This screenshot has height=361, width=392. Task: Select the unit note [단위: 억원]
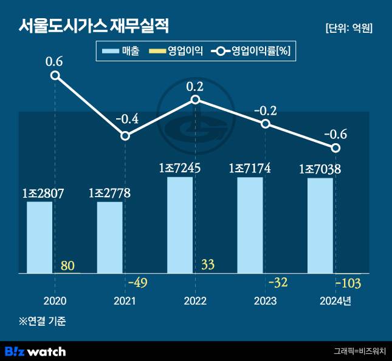pyautogui.click(x=349, y=28)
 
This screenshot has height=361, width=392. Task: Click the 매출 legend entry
pyautogui.click(x=122, y=52)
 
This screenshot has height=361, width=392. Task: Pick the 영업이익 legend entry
pyautogui.click(x=176, y=52)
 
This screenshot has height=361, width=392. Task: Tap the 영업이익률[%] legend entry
pyautogui.click(x=253, y=52)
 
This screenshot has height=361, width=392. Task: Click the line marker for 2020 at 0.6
pyautogui.click(x=55, y=75)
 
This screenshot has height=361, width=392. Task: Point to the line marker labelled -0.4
pyautogui.click(x=125, y=135)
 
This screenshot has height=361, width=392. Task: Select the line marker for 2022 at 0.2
pyautogui.click(x=195, y=100)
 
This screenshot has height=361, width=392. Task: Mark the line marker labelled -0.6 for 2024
pyautogui.click(x=335, y=147)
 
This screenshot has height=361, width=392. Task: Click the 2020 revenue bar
pyautogui.click(x=40, y=237)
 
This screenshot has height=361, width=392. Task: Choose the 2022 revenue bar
pyautogui.click(x=180, y=224)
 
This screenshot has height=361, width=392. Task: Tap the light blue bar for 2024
pyautogui.click(x=320, y=225)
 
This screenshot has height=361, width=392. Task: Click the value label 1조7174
pyautogui.click(x=250, y=169)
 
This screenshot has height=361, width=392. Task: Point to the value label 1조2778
pyautogui.click(x=109, y=193)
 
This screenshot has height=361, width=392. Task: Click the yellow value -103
pyautogui.click(x=348, y=283)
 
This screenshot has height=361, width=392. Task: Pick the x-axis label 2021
pyautogui.click(x=125, y=301)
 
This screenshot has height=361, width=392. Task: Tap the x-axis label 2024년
pyautogui.click(x=335, y=301)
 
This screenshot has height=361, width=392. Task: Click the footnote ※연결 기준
pyautogui.click(x=42, y=321)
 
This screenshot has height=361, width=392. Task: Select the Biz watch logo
pyautogui.click(x=35, y=351)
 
